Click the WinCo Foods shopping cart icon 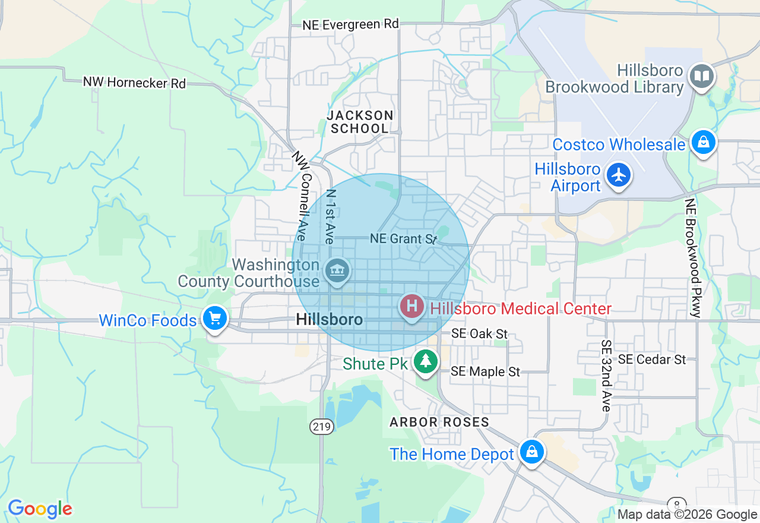tap(215, 319)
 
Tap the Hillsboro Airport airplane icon tap(619, 175)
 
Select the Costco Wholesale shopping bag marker tap(703, 142)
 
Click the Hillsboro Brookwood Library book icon tap(702, 76)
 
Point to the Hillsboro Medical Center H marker tap(411, 307)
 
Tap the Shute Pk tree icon tap(425, 361)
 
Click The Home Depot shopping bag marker tap(532, 452)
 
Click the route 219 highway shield tap(322, 426)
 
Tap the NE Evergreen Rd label tap(350, 24)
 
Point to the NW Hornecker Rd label tap(134, 83)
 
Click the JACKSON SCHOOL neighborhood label tap(360, 121)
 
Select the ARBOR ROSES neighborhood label tap(439, 422)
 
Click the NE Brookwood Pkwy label tap(692, 257)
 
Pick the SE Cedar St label tap(651, 360)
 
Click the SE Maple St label tap(485, 371)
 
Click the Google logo tap(40, 509)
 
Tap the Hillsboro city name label tap(329, 320)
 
